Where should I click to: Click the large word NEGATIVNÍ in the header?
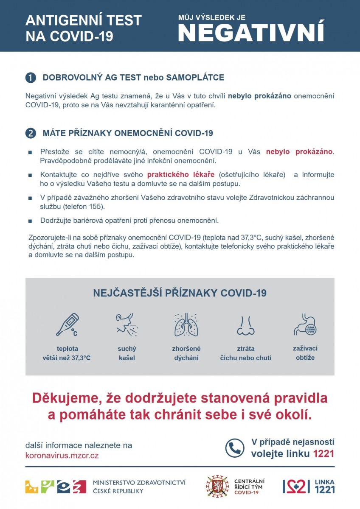[x=251, y=32]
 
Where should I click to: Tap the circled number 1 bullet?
[x=31, y=78]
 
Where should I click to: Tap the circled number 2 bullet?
[x=31, y=133]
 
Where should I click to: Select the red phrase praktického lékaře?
[x=181, y=174]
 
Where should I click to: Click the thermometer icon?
[x=67, y=325]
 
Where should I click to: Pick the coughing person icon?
[x=127, y=325]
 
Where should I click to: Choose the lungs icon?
[x=186, y=325]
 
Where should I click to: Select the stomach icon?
[x=305, y=324]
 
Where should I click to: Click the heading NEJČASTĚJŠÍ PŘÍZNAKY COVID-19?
[x=180, y=293]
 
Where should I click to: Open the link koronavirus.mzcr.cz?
[x=62, y=456]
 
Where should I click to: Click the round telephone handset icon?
[x=235, y=448]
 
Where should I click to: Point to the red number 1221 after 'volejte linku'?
[x=323, y=453]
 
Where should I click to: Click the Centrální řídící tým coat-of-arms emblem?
[x=217, y=486]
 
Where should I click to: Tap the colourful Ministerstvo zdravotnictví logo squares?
[x=55, y=487]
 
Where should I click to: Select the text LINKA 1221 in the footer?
[x=324, y=486]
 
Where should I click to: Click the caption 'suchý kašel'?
[x=127, y=353]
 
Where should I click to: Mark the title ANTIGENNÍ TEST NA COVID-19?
[x=84, y=28]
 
